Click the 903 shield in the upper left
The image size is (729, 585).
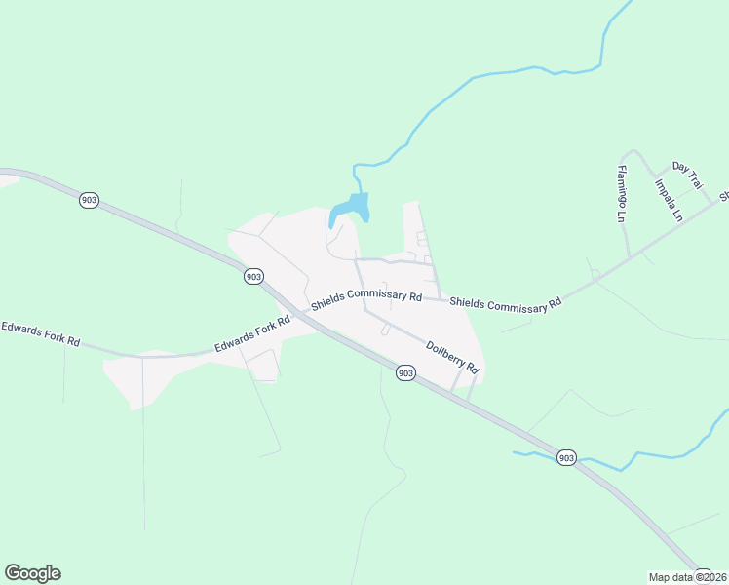coord(89,200)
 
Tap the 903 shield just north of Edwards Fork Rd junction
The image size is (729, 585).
coord(253,277)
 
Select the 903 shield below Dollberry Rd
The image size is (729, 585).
coord(405,373)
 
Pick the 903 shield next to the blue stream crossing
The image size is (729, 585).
coord(566,457)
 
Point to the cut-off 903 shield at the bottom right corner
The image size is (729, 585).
coord(702,577)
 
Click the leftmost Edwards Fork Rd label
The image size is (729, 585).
coord(40,334)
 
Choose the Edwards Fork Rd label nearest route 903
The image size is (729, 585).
coord(252,333)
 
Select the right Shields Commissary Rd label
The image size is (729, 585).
coord(506,304)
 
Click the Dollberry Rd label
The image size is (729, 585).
coord(454,356)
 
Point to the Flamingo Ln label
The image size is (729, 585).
coord(619,194)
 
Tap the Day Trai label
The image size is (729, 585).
coord(687,175)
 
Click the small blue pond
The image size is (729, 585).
coord(351,207)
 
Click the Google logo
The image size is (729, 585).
coord(32,573)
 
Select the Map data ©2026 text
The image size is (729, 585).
coord(688,577)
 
